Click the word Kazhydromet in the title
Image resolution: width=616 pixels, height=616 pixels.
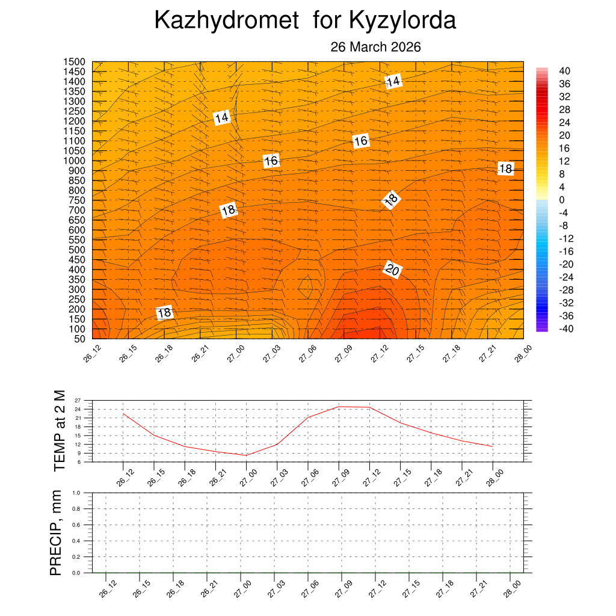[226, 20]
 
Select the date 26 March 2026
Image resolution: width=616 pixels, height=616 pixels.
[375, 48]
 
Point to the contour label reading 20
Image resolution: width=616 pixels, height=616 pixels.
[392, 271]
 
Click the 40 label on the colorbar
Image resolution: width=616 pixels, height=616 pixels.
[565, 70]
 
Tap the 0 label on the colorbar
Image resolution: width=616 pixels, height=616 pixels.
[562, 200]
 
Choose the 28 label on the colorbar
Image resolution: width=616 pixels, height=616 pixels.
[565, 109]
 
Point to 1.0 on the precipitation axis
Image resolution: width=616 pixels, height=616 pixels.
[76, 493]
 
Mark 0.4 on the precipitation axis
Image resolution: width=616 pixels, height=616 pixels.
[76, 541]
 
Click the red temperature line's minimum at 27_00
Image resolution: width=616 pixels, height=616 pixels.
[246, 455]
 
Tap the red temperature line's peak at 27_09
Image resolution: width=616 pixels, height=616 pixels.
[339, 407]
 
